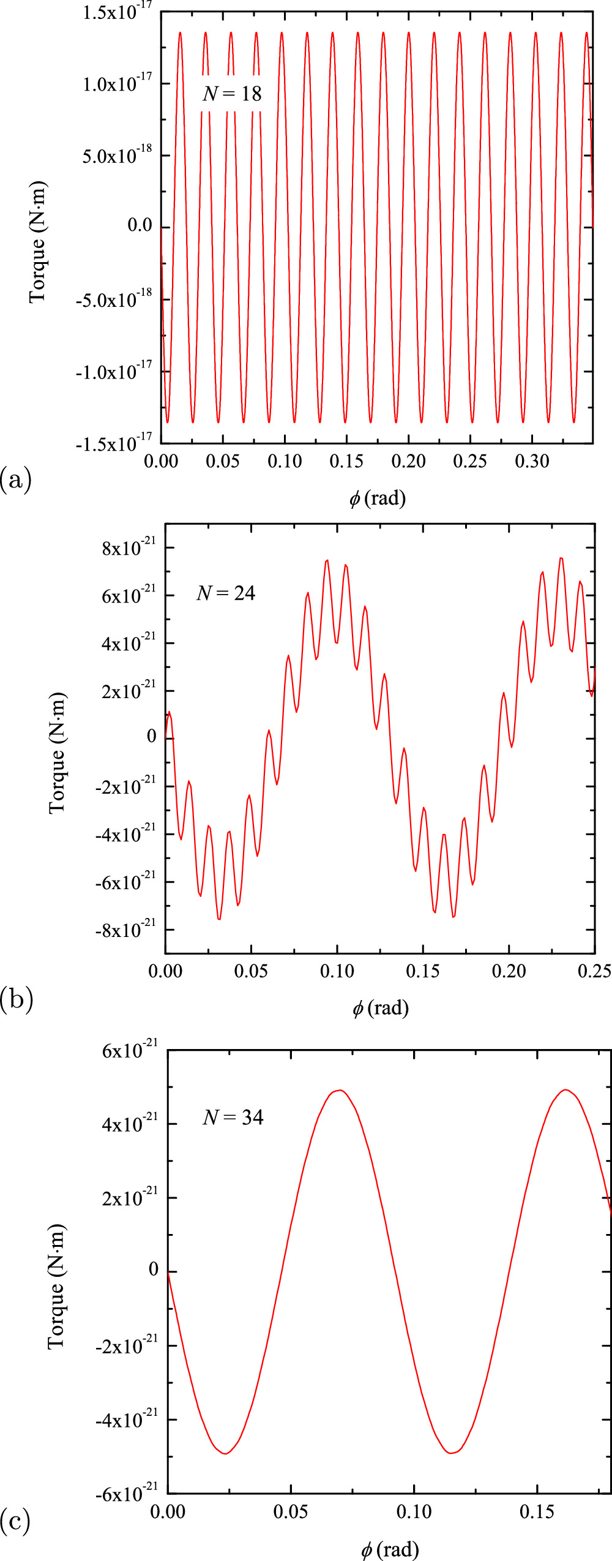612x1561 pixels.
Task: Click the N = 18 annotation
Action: point(232,94)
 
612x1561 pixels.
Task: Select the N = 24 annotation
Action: point(226,593)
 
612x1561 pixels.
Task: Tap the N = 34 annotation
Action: point(233,1117)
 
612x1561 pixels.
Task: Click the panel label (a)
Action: point(16,478)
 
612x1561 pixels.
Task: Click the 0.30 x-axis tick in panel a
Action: point(532,461)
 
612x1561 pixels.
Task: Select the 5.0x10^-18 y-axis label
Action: point(118,156)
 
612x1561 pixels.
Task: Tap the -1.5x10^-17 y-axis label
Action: point(114,443)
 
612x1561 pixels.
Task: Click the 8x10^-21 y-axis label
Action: point(129,547)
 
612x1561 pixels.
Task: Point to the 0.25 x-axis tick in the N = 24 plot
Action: point(594,971)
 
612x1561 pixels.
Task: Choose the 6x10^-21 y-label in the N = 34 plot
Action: point(130,1050)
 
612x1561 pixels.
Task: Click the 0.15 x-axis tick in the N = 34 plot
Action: point(537,1512)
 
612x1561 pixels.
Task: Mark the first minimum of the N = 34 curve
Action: point(225,1453)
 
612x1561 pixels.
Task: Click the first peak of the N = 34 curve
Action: point(340,1090)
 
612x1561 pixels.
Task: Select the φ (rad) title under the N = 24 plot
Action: point(380,1007)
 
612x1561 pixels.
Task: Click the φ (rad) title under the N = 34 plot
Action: point(390,1549)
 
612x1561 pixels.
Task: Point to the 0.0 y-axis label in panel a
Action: point(140,225)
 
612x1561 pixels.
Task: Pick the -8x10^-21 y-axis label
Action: point(125,930)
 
